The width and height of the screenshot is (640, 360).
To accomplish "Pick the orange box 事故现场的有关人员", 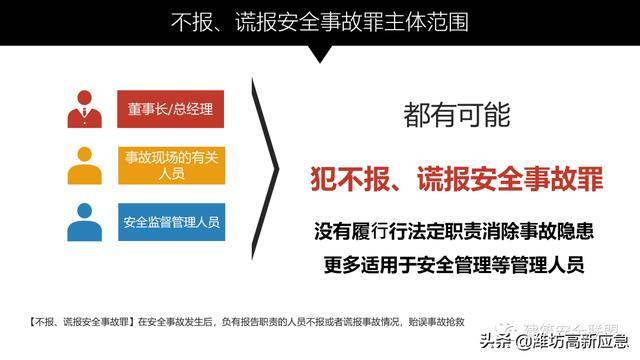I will [170, 164].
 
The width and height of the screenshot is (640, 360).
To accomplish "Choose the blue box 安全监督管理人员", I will [170, 220].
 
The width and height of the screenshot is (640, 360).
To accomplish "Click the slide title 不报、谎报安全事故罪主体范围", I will [321, 21].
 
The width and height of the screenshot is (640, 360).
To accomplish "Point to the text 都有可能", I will [457, 115].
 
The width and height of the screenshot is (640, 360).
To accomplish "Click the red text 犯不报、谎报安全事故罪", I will [455, 181].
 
